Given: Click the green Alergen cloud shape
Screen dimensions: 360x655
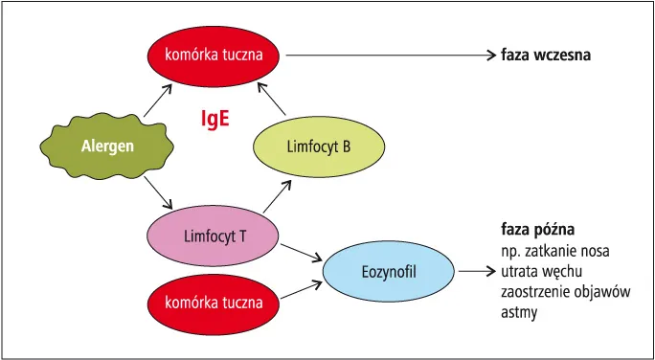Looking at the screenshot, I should point(101,146).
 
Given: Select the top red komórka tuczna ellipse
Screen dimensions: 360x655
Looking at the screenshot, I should point(213,55).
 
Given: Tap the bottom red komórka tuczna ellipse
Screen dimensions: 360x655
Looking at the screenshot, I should point(213,302).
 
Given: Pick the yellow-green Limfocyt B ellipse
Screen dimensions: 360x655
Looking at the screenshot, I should point(318,146).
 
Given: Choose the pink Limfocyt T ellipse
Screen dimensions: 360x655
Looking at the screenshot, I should point(213,234).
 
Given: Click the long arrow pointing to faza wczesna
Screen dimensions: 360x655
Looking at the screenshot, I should point(388,56).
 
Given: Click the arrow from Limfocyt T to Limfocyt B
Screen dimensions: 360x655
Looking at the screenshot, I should point(280,196).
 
